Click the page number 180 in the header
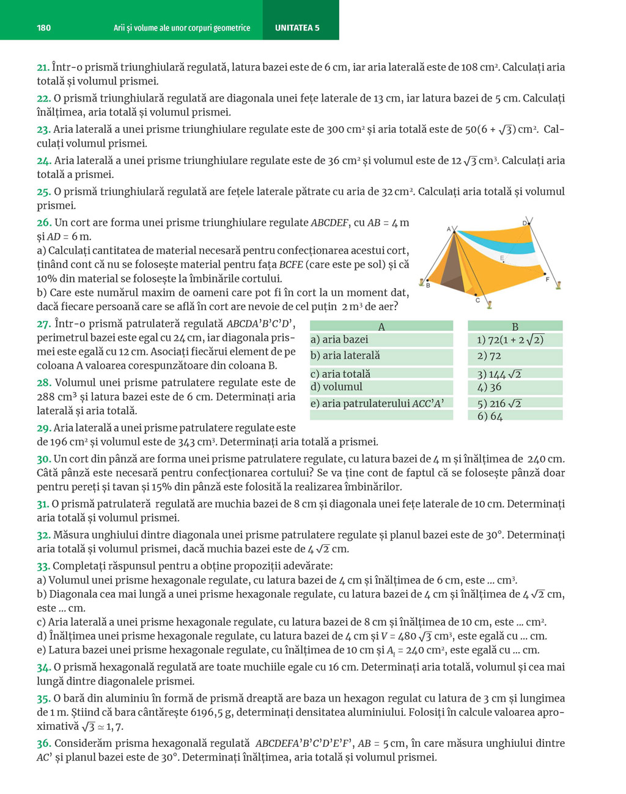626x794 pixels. pyautogui.click(x=44, y=28)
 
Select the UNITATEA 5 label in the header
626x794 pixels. pyautogui.click(x=297, y=28)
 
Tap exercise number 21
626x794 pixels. pyautogui.click(x=43, y=67)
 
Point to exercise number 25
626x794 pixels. pyautogui.click(x=43, y=192)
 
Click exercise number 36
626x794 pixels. pyautogui.click(x=43, y=744)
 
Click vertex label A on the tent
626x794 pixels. pyautogui.click(x=449, y=229)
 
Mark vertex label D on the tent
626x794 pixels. pyautogui.click(x=525, y=223)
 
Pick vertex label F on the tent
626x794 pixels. pyautogui.click(x=547, y=280)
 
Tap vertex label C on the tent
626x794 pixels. pyautogui.click(x=477, y=300)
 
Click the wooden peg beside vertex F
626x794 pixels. pyautogui.click(x=558, y=284)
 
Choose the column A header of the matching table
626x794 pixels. pyautogui.click(x=381, y=327)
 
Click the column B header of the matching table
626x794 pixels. pyautogui.click(x=515, y=327)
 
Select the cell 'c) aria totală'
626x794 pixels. pyautogui.click(x=341, y=374)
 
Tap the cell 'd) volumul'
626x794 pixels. pyautogui.click(x=336, y=387)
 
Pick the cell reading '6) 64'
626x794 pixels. pyautogui.click(x=490, y=417)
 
